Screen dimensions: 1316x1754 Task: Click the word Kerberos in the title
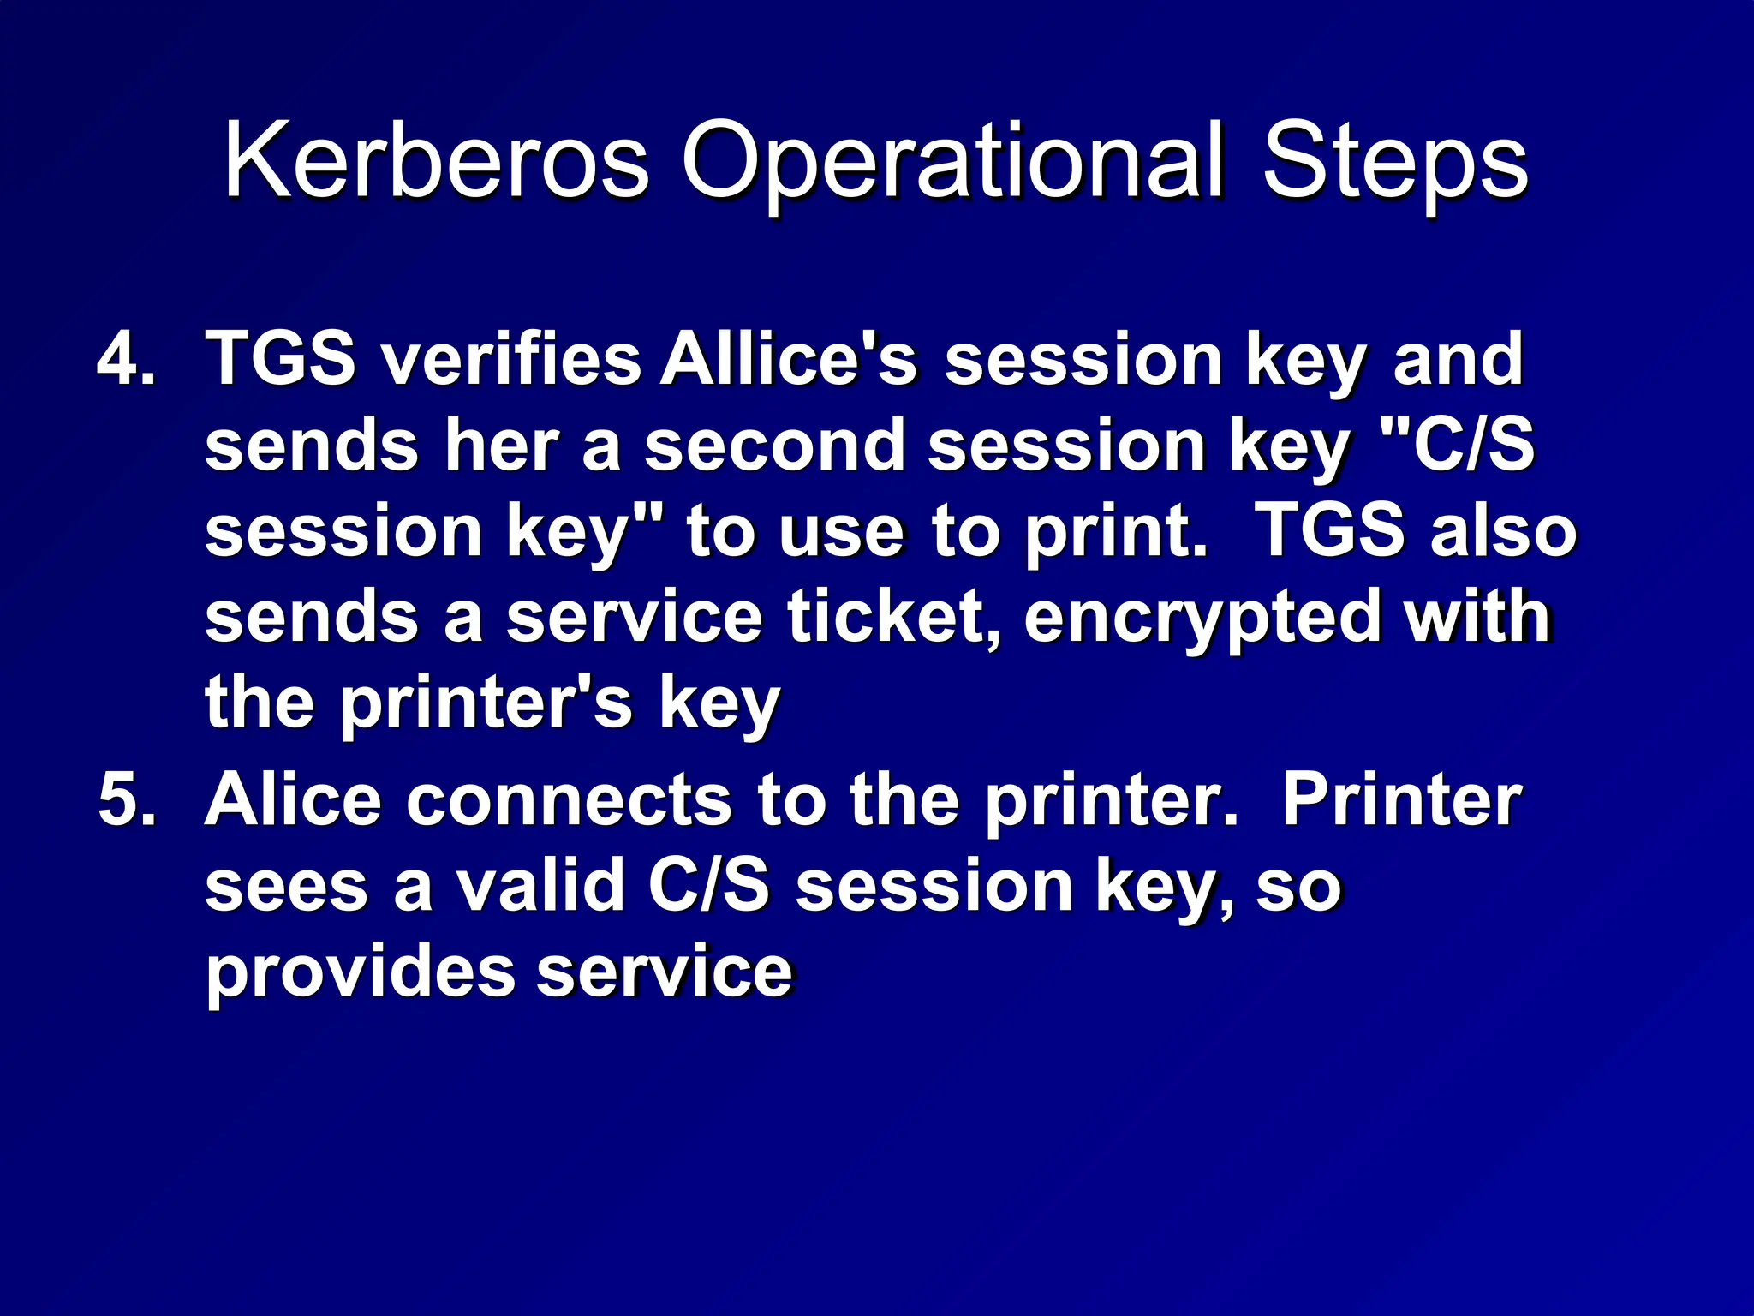(x=436, y=161)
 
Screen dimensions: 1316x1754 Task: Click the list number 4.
(x=125, y=358)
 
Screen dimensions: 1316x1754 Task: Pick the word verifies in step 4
(x=510, y=358)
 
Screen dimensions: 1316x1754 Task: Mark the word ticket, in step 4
(x=893, y=617)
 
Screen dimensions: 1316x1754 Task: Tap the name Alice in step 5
(x=292, y=799)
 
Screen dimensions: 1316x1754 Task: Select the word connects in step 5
(x=568, y=799)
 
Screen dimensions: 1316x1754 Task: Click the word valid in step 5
(x=540, y=886)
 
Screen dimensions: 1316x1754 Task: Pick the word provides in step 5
(x=360, y=973)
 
